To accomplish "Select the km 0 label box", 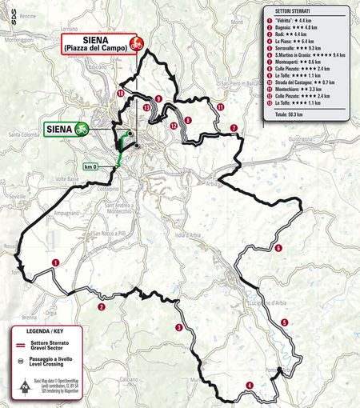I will coord(90,166).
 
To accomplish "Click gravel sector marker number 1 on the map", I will coord(55,262).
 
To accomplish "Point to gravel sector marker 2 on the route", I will coord(102,306).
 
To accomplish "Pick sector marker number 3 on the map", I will coord(178,328).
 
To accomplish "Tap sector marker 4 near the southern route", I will coord(250,386).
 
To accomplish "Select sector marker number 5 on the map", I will coord(284,322).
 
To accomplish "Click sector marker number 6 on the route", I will coord(278,249).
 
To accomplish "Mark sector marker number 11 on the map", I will coord(220,106).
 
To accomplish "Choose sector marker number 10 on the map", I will coord(120,94).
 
